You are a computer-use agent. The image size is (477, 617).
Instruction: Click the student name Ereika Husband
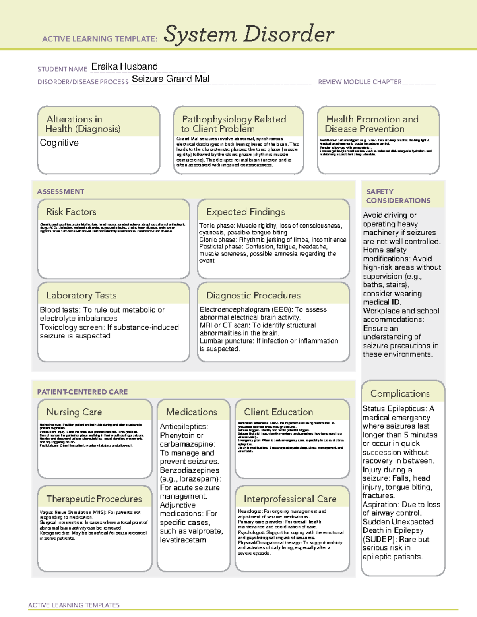click(x=124, y=67)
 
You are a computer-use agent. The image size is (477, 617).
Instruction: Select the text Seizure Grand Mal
click(x=171, y=79)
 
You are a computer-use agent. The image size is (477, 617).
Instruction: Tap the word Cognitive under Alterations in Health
click(x=59, y=143)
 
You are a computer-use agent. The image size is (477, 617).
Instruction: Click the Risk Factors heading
click(x=71, y=212)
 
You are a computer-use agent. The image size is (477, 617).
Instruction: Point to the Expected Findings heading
click(x=245, y=212)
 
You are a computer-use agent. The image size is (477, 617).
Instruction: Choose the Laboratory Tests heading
click(x=81, y=295)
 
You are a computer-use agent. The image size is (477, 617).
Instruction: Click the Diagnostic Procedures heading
click(x=253, y=295)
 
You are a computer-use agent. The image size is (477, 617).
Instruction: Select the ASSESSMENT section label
click(x=60, y=191)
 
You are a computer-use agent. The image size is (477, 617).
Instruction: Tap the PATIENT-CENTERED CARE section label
click(x=82, y=392)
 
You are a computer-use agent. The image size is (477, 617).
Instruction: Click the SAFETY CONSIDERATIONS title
click(x=398, y=196)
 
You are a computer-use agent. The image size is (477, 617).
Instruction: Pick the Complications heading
click(x=400, y=393)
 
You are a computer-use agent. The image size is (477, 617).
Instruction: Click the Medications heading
click(x=191, y=412)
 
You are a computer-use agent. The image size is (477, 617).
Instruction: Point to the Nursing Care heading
click(x=74, y=412)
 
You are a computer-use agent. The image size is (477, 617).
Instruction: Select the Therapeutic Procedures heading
click(x=94, y=499)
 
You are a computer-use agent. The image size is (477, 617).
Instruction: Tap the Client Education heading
click(x=278, y=412)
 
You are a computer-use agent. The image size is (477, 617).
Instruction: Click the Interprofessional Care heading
click(x=290, y=499)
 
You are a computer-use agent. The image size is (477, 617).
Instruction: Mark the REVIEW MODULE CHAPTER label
click(x=360, y=82)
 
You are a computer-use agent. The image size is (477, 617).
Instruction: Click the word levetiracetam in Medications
click(x=183, y=540)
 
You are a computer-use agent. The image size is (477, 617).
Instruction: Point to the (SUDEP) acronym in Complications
click(x=378, y=539)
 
